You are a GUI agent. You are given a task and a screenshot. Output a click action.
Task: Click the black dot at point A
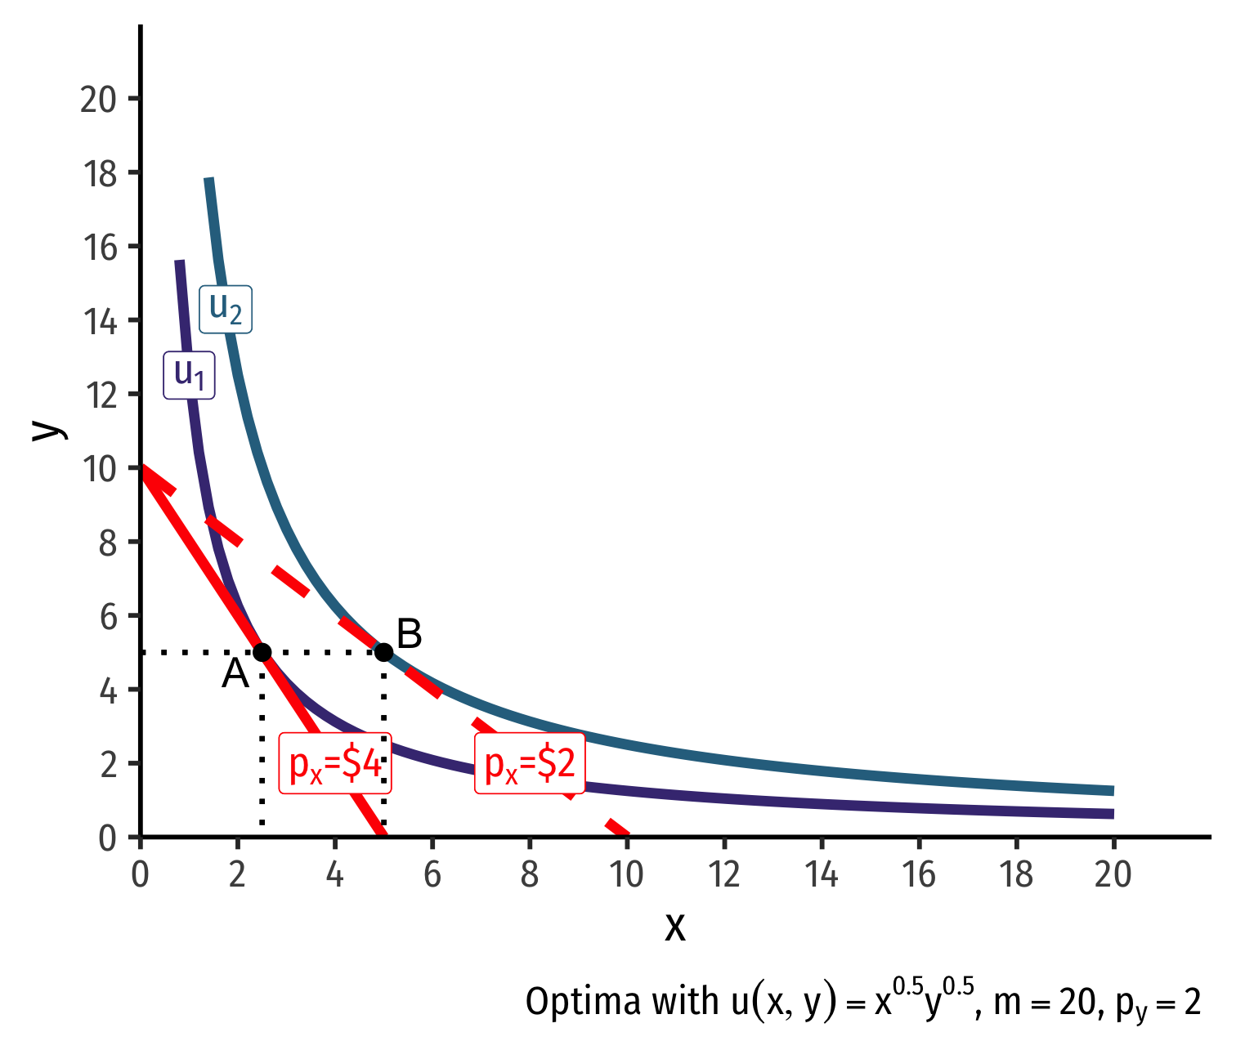pos(262,652)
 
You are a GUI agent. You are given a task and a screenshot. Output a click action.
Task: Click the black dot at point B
pos(383,652)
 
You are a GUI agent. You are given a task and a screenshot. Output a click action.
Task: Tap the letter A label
pos(235,675)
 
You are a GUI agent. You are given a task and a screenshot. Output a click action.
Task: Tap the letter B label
pos(409,634)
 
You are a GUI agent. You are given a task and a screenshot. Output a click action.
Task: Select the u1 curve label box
pos(190,376)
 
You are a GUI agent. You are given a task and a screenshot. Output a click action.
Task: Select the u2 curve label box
pos(226,309)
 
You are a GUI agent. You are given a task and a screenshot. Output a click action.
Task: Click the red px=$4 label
pos(335,763)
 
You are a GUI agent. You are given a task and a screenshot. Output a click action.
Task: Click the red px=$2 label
pos(530,763)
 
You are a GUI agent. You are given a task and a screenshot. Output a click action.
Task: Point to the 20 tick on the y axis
pos(99,99)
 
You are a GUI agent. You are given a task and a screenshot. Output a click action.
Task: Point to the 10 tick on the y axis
pos(99,468)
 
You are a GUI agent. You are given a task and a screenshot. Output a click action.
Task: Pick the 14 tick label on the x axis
pos(822,875)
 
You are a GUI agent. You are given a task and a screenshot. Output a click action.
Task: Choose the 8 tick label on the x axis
pos(530,875)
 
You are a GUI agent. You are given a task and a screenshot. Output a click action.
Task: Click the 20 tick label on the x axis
pos(1113,875)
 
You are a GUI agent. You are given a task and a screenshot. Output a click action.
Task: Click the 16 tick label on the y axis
pos(99,247)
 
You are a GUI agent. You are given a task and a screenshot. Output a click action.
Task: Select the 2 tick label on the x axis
pos(237,875)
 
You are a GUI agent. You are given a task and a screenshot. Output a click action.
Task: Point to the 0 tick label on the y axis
pos(108,838)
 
